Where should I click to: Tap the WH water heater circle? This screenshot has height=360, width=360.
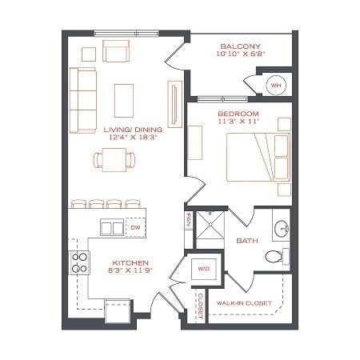275,85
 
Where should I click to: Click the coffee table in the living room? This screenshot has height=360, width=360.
125,100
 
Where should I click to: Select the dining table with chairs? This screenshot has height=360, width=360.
113,160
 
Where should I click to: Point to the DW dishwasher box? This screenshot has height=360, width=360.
136,227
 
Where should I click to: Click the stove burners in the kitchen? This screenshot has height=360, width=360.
80,262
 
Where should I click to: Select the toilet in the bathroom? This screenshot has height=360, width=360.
272,257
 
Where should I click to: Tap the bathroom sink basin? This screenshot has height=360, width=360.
280,229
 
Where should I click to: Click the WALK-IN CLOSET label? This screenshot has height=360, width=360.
245,303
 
